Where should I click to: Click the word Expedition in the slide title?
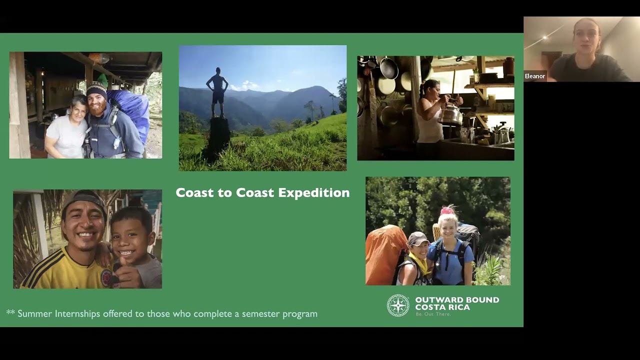[x=313, y=193]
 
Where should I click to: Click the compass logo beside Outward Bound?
[x=398, y=305]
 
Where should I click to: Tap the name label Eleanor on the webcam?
[x=534, y=76]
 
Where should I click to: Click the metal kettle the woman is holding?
[x=450, y=115]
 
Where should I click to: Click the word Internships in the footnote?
[x=77, y=314]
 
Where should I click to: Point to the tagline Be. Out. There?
[x=433, y=314]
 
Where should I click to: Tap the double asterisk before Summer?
[x=10, y=313]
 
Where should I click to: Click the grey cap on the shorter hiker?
[x=417, y=238]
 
